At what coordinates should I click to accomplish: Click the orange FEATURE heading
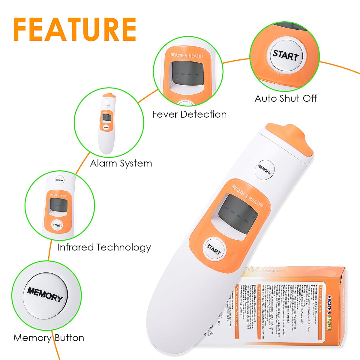click(75, 29)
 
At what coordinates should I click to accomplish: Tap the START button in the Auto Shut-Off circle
click(285, 56)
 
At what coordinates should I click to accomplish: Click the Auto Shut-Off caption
click(286, 98)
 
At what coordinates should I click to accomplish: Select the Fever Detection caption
click(189, 114)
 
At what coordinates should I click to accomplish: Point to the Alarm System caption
click(121, 163)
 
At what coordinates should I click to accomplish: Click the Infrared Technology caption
click(104, 247)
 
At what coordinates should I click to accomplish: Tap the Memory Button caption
click(49, 338)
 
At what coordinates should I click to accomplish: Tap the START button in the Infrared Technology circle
click(57, 225)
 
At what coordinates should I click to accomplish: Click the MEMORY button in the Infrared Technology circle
click(59, 180)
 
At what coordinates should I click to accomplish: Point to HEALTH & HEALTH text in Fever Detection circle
click(187, 55)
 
